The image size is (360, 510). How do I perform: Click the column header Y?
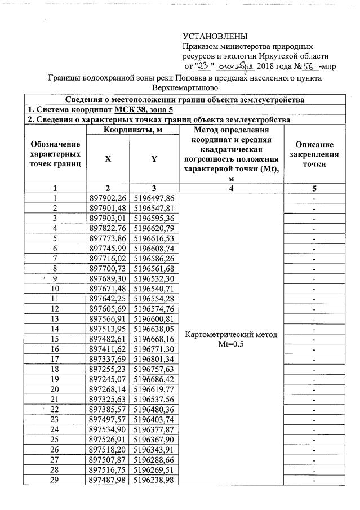point(154,159)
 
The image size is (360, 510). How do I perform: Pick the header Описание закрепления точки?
point(314,154)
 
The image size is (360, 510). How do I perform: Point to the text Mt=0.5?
point(231,344)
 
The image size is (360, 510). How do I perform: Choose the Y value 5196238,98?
point(154,480)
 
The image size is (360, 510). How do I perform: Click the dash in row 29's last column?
point(314,480)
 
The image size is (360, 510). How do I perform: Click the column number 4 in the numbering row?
point(231,188)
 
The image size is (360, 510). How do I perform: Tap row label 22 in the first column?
point(55,409)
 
